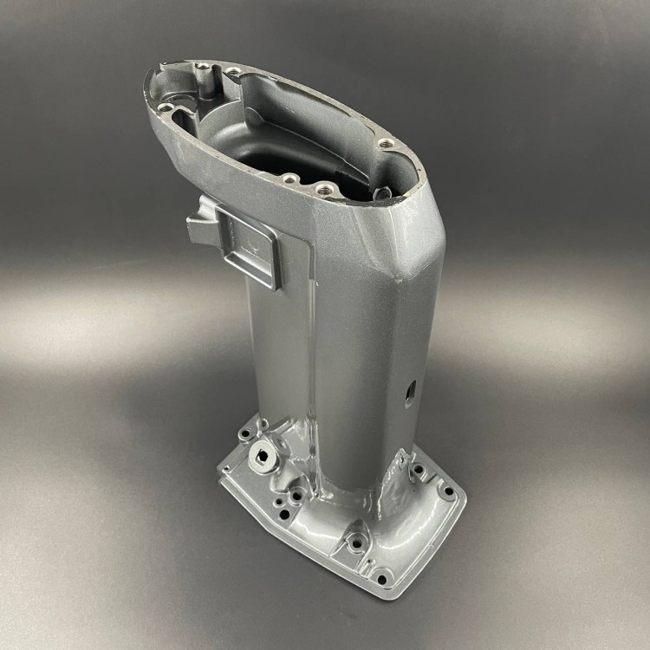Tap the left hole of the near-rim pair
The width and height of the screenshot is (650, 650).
(x=289, y=179)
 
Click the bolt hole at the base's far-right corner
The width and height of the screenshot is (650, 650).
(x=447, y=491)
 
